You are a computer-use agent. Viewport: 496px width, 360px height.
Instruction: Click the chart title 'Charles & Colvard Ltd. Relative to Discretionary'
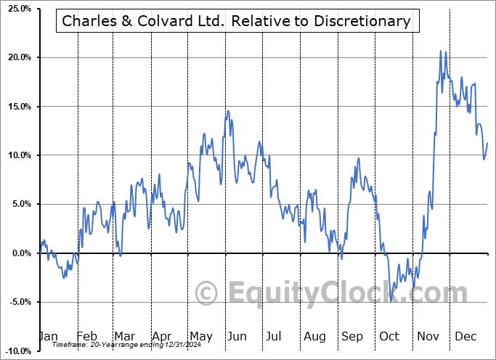[237, 21]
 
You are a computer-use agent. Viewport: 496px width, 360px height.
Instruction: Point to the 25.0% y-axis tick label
[16, 9]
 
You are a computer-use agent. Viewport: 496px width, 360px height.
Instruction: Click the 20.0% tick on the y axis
[16, 57]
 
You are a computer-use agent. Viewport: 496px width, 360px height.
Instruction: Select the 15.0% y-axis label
[16, 107]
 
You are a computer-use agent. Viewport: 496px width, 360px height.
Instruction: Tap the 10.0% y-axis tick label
[16, 155]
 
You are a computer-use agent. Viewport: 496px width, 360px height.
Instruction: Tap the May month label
[200, 337]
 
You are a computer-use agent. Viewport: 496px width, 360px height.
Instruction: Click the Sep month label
[352, 337]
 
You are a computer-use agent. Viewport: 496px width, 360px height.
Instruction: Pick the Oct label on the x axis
[390, 337]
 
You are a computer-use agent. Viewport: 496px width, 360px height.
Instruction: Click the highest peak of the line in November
[440, 51]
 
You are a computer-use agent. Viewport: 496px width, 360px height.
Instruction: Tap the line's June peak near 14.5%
[227, 110]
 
